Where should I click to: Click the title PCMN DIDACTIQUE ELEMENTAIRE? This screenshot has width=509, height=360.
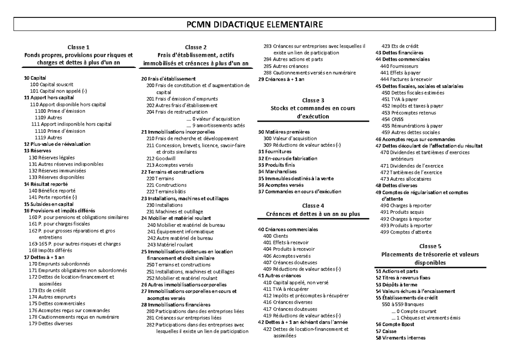coord(255,25)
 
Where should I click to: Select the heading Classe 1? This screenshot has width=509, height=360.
coord(78,47)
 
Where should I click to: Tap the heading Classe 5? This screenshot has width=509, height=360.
coord(430,246)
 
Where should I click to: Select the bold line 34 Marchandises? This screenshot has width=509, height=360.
coord(277,172)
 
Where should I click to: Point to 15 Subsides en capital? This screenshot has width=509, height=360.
coord(49,204)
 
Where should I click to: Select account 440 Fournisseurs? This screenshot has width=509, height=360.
coord(399,66)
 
